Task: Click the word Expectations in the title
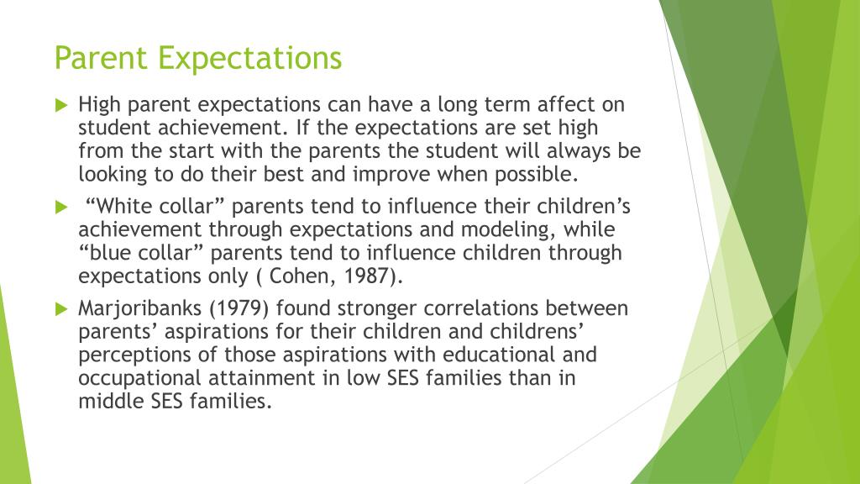point(249,59)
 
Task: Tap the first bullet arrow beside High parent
point(60,106)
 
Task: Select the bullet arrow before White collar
point(60,207)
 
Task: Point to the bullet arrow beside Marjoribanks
point(60,308)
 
